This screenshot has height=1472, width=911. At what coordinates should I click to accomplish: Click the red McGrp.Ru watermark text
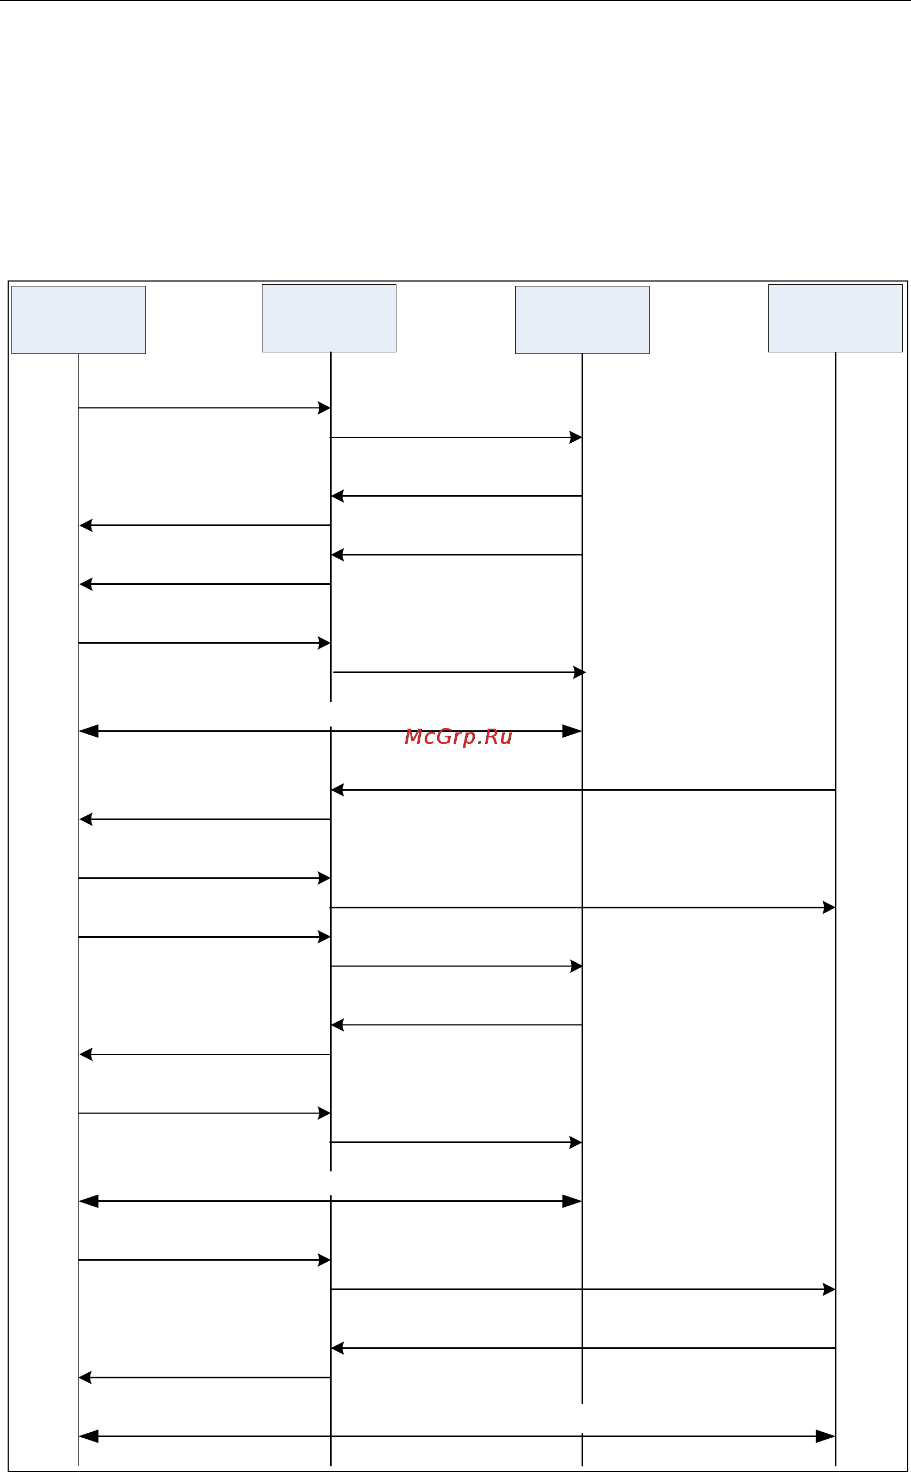click(x=458, y=737)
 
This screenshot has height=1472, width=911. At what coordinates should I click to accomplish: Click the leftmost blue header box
click(x=79, y=319)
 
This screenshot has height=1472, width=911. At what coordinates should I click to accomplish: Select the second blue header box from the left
click(x=329, y=318)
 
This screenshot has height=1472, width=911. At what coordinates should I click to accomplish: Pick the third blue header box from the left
click(x=582, y=319)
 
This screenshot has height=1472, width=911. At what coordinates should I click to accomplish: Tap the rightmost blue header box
click(x=835, y=318)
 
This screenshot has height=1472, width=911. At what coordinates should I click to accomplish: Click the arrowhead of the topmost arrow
click(x=324, y=408)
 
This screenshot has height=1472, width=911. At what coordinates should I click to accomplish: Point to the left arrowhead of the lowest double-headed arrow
click(x=88, y=1436)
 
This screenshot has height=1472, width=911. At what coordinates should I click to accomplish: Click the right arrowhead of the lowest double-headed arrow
click(x=826, y=1436)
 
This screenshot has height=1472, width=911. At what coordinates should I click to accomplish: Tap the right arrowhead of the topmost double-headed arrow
click(x=572, y=731)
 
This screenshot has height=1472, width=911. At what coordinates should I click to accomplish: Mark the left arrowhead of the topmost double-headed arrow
click(x=88, y=731)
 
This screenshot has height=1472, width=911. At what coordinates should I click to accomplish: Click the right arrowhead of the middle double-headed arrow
click(x=572, y=1201)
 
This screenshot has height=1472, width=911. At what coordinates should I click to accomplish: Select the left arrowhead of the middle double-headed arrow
click(x=88, y=1201)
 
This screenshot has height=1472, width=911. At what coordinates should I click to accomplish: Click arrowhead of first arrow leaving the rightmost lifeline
click(x=338, y=789)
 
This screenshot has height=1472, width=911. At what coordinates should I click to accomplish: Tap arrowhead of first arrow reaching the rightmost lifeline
click(x=829, y=907)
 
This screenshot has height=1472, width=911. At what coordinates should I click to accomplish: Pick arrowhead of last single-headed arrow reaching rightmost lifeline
click(x=829, y=1290)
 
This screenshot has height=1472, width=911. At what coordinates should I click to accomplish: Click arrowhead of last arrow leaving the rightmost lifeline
click(x=338, y=1348)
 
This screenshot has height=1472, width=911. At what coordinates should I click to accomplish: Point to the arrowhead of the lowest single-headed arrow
click(x=85, y=1377)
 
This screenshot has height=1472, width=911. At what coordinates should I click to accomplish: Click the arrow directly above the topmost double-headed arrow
click(x=459, y=672)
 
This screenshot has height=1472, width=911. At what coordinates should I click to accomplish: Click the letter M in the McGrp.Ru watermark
click(x=413, y=736)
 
